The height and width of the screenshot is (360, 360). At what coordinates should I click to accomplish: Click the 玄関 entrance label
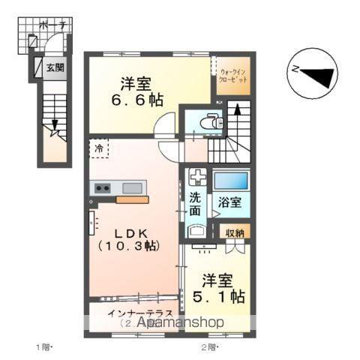tap(55, 68)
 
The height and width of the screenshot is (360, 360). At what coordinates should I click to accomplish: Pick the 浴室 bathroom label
tap(230, 202)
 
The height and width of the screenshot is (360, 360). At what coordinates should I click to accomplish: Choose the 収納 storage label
tap(235, 234)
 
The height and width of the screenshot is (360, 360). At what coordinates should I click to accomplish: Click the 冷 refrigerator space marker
tap(100, 148)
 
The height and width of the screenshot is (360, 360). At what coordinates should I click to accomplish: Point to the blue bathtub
tap(230, 181)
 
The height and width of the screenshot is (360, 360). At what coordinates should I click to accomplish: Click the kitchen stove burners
tap(101, 187)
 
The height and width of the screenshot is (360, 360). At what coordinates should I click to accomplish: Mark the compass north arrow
tap(314, 73)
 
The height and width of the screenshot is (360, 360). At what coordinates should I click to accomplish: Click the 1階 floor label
tap(43, 346)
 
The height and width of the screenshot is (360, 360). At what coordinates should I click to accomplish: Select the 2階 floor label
tap(209, 346)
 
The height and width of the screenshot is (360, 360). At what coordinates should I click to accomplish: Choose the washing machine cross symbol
tap(197, 178)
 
